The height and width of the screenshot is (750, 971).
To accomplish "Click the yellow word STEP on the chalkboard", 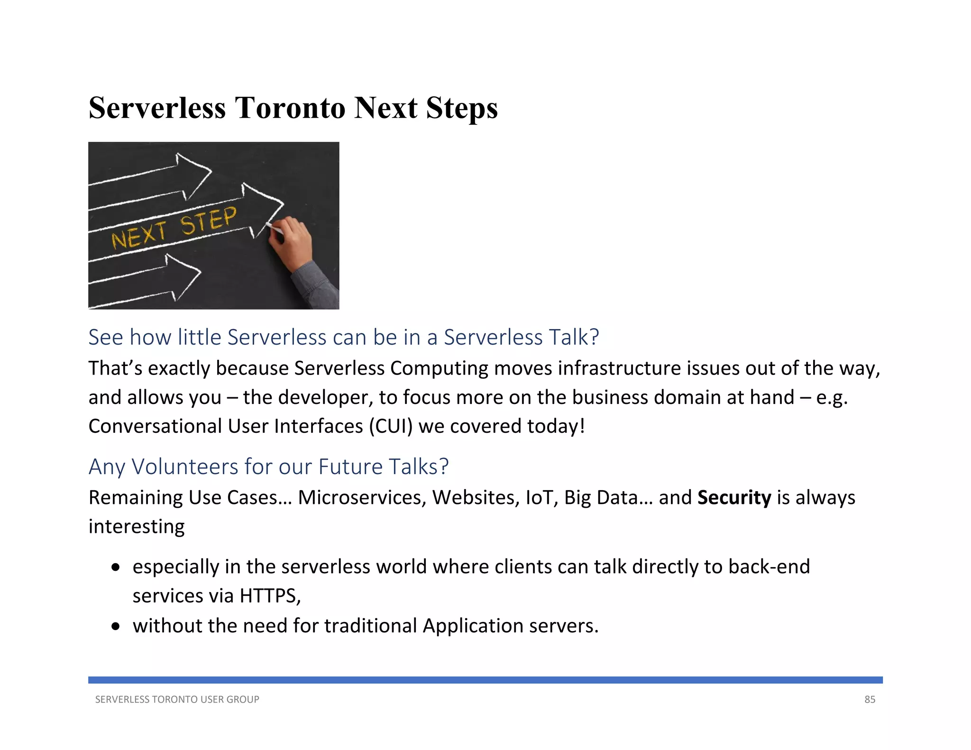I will tap(209, 220).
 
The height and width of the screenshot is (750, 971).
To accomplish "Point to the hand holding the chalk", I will tap(291, 242).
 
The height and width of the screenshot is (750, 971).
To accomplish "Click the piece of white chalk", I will tap(275, 228).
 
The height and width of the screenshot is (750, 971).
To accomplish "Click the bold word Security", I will tap(734, 498).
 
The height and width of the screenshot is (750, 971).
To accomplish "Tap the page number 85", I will tap(870, 700).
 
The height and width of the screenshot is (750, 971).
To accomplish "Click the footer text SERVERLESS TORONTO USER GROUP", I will tap(177, 700).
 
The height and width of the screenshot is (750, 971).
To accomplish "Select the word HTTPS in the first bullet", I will tap(270, 596).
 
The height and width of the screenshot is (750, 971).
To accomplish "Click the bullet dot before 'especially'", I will tap(116, 567).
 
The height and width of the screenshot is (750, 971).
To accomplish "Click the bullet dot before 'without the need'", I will tap(116, 627).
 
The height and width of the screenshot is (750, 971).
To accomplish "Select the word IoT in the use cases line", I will tap(542, 498).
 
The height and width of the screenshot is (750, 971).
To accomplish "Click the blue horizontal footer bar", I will tap(485, 680).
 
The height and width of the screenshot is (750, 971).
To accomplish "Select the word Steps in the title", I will tap(461, 108).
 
